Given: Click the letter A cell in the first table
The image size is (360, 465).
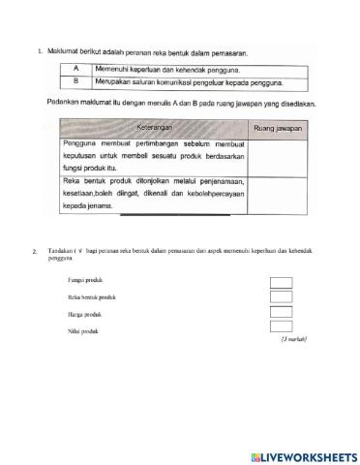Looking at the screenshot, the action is coord(75,69).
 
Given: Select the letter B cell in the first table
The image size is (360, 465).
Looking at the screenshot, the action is coord(75,82).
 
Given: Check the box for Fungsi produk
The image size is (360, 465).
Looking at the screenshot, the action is coord(281,283).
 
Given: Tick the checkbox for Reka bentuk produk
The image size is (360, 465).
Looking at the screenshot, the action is coord(281,297).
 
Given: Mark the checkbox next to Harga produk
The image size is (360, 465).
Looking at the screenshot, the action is coord(281,313).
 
